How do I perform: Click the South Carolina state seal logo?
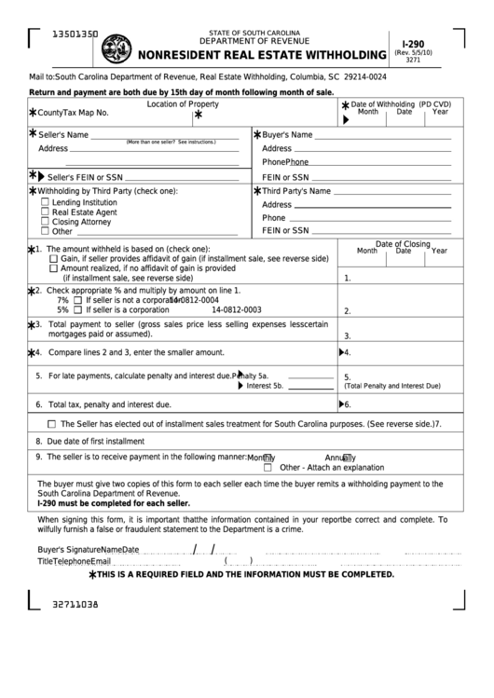(x=117, y=47)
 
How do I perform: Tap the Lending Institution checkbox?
(x=45, y=201)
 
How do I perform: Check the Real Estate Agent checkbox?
(x=45, y=212)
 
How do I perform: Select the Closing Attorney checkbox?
(x=45, y=222)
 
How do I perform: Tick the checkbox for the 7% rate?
(x=78, y=300)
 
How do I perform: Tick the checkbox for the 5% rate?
(x=78, y=310)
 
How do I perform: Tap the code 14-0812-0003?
(x=237, y=310)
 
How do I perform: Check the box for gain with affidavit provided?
(x=52, y=258)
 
